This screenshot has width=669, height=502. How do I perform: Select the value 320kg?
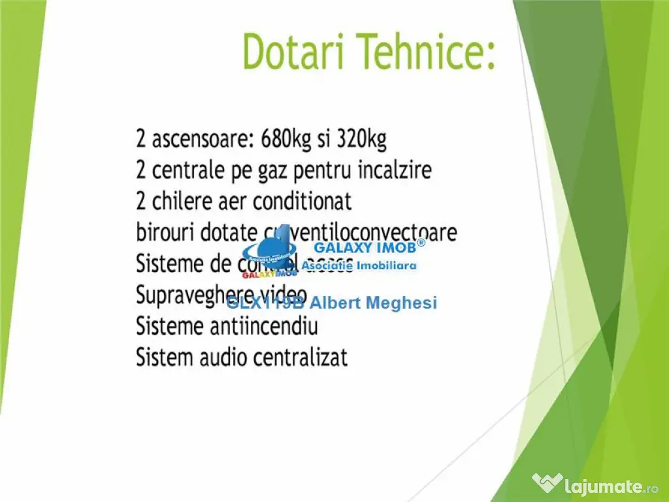[x=361, y=139]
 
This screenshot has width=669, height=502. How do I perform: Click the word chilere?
[x=184, y=201]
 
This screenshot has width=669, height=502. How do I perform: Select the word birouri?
[x=163, y=233]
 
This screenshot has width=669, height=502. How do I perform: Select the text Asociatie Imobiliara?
[x=359, y=266]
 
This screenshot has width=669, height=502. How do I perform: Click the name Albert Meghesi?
[x=373, y=303]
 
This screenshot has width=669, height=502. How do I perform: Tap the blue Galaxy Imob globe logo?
[x=269, y=252]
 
